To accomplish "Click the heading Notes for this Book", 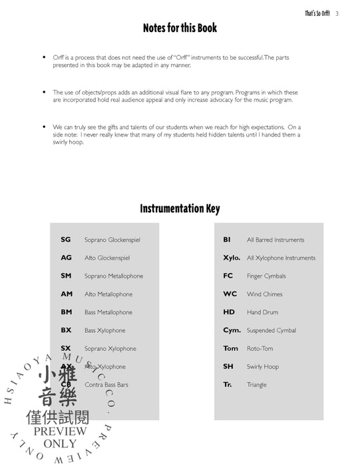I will click(x=180, y=29).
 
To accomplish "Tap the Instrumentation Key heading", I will click(x=180, y=209).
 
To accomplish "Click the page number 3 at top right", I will click(x=338, y=13).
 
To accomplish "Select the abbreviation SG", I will click(x=65, y=240).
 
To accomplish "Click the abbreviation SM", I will click(x=66, y=276).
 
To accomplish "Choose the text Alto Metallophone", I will click(x=108, y=294).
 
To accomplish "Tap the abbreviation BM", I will click(x=66, y=312).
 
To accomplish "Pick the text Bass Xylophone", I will click(x=104, y=330).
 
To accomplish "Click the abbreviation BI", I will click(x=227, y=240).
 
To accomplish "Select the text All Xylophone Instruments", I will click(x=281, y=258).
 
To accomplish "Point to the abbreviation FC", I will click(x=228, y=276).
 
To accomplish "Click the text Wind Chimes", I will click(x=264, y=294).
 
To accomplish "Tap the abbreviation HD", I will click(x=229, y=312).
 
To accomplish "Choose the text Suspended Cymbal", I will click(x=271, y=330).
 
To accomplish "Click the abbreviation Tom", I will click(x=230, y=348).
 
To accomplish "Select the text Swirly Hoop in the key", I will click(x=263, y=367).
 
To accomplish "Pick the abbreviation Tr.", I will click(x=228, y=385).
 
